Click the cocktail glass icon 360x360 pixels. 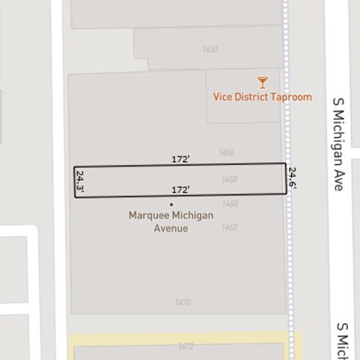(262, 82)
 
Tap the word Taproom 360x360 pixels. (289, 97)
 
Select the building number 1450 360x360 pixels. (210, 49)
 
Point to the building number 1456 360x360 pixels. (226, 152)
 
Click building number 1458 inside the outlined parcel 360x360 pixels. (229, 179)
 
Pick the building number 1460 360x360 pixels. (229, 203)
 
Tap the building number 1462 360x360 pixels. (229, 226)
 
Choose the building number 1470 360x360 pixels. (182, 302)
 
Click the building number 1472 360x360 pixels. (185, 346)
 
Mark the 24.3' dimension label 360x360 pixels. (80, 182)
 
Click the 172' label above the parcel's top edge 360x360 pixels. (181, 159)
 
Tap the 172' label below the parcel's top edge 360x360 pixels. (181, 190)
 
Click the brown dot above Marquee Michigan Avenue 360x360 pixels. (171, 204)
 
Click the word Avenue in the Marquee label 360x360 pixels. (171, 228)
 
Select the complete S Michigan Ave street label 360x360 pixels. (338, 142)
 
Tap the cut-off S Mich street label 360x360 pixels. (343, 341)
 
